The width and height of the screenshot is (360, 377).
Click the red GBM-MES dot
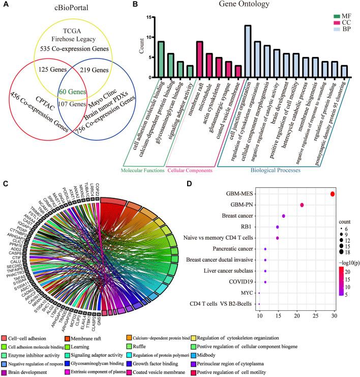(x=333, y=194)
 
